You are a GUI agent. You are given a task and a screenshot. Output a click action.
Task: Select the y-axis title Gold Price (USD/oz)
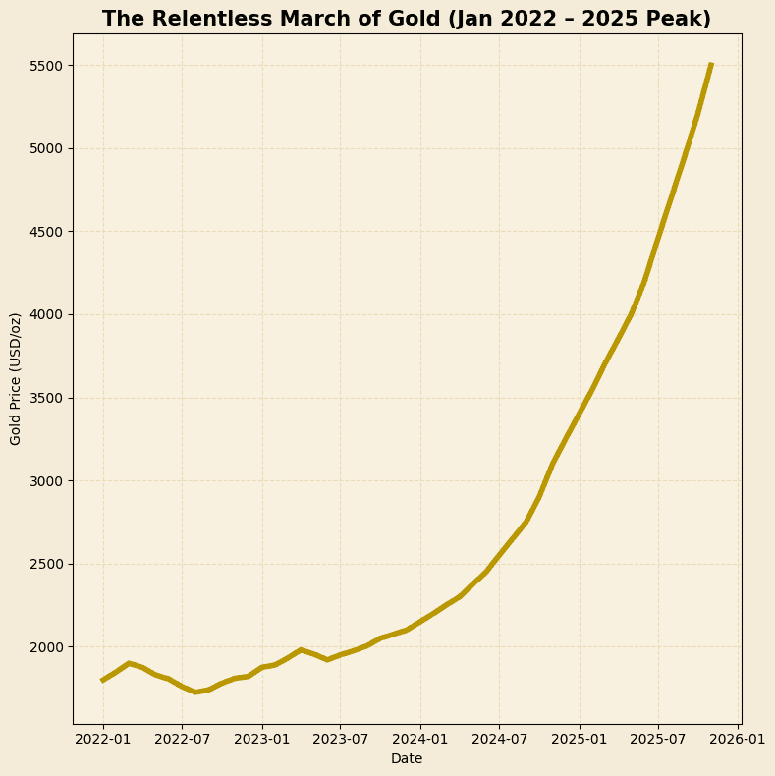[x=16, y=379]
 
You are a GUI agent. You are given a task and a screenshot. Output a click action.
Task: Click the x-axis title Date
[x=407, y=758]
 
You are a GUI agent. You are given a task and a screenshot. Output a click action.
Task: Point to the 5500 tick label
[x=44, y=66]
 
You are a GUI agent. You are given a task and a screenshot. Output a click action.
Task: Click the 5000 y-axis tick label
[x=44, y=149]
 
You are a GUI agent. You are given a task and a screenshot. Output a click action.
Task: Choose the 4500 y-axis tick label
[x=44, y=232]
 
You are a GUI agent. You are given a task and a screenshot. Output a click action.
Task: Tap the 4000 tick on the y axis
[x=44, y=315]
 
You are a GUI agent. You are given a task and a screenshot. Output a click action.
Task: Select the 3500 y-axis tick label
[x=44, y=398]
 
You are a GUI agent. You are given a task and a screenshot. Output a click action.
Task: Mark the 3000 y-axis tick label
[x=44, y=481]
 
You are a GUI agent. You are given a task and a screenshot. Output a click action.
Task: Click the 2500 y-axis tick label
[x=44, y=564]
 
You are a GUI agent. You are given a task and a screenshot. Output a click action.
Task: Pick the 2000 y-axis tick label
[x=44, y=647]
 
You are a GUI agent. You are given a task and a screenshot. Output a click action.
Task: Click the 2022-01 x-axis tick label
[x=103, y=738]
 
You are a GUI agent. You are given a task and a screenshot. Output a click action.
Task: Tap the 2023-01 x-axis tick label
[x=262, y=738]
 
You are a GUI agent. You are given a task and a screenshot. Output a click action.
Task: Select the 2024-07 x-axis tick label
[x=499, y=738]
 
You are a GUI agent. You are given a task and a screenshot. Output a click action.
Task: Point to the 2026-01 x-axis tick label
[x=738, y=738]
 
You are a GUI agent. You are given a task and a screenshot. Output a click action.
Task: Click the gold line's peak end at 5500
[x=711, y=65]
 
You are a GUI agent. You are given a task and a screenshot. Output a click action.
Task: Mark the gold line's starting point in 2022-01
[x=103, y=680]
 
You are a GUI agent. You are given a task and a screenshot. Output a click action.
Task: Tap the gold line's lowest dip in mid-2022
[x=195, y=693]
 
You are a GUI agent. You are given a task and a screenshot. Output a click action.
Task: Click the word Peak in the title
[x=677, y=20]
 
